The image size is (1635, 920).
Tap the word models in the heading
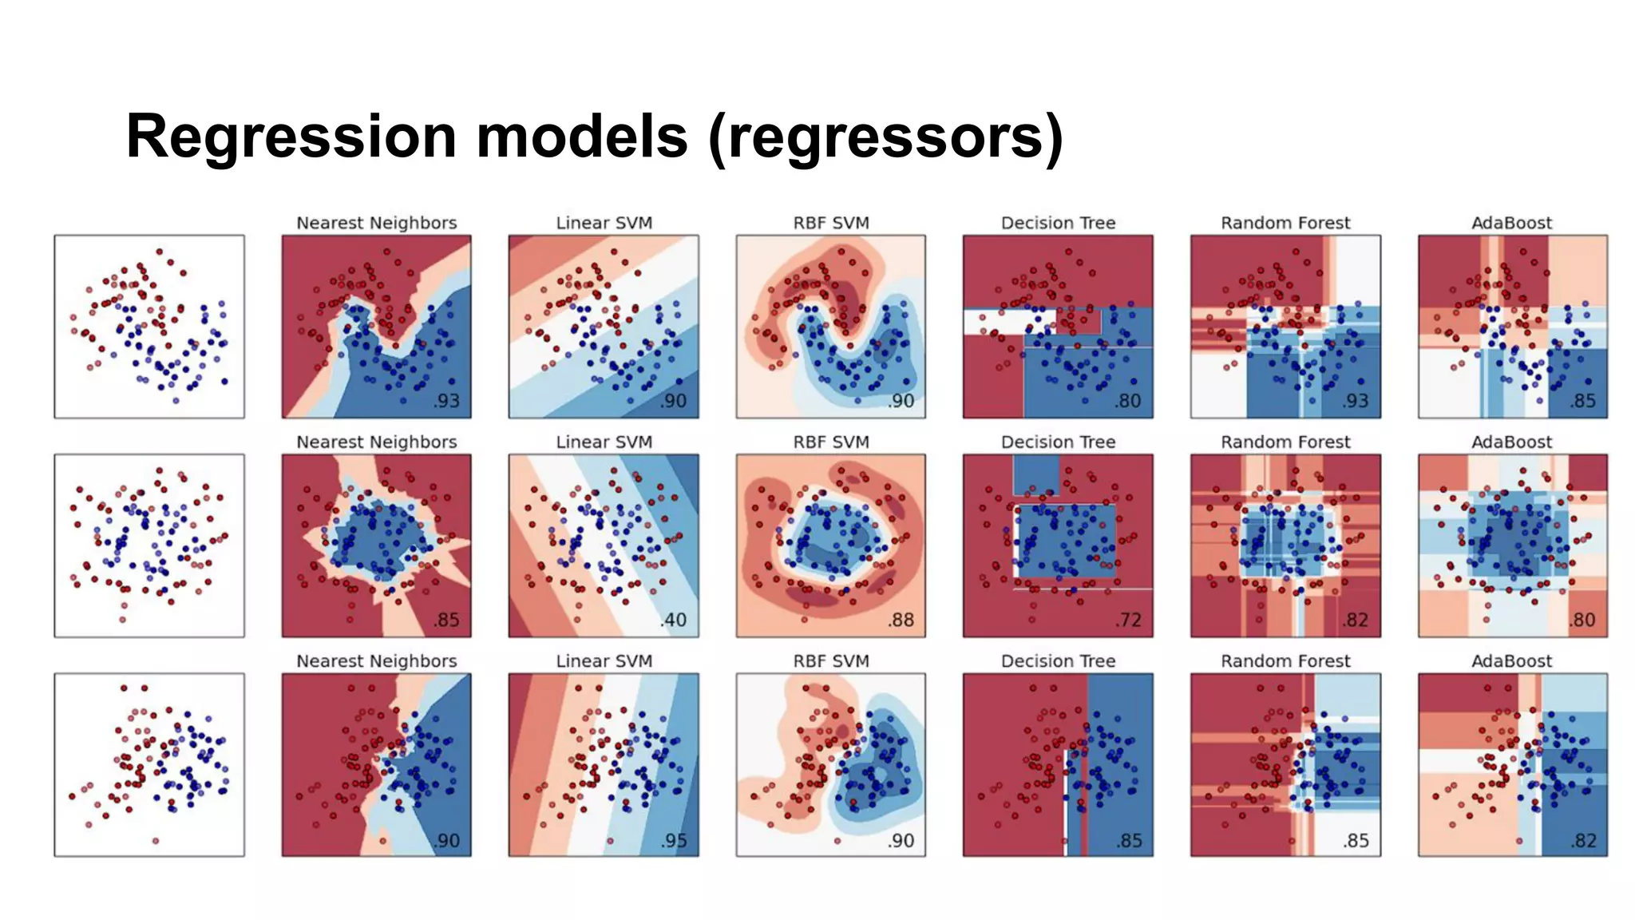pos(582,136)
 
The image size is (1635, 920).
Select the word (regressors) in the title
pos(885,137)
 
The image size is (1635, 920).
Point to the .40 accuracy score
pos(674,620)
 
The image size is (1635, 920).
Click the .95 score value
pos(674,840)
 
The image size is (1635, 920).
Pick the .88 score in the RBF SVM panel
pos(901,620)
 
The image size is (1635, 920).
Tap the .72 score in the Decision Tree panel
pos(1129,620)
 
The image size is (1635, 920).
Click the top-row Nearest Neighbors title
pos(376,223)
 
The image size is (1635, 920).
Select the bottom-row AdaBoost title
pos(1511,661)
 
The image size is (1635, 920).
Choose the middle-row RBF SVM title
pos(830,442)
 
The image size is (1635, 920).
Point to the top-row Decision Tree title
pos(1058,223)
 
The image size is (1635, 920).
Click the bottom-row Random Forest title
pos(1285,661)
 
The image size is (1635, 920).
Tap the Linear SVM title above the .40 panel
pos(604,442)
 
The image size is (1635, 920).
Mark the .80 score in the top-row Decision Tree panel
pos(1129,401)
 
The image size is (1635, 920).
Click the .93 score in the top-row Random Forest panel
pos(1356,401)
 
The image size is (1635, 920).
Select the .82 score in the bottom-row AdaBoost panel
pos(1583,840)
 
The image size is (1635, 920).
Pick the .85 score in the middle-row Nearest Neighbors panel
pos(447,620)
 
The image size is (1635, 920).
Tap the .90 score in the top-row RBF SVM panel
pos(901,401)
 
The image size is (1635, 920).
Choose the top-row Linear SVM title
pos(604,223)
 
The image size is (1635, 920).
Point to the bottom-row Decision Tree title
pos(1058,661)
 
